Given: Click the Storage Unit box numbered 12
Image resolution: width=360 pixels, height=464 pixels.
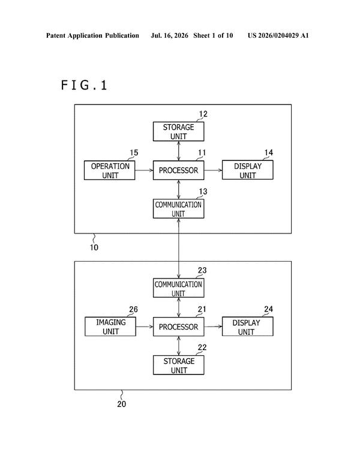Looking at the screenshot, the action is [x=178, y=131].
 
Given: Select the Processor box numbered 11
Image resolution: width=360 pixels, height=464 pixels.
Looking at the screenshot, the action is [x=178, y=170].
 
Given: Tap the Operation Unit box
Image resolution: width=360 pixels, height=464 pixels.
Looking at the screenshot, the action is [x=109, y=170].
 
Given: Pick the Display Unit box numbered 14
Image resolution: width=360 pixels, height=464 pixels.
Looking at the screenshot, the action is [x=248, y=170].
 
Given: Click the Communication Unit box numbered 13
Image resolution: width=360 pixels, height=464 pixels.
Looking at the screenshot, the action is [x=178, y=209].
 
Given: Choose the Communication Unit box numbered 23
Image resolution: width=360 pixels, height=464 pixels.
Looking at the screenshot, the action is [x=178, y=288].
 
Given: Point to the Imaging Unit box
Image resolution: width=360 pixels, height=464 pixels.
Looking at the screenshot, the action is [x=110, y=327].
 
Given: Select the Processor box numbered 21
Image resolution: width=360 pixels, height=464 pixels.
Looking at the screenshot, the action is [x=178, y=327].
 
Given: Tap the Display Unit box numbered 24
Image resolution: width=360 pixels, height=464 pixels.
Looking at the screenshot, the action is [x=248, y=327].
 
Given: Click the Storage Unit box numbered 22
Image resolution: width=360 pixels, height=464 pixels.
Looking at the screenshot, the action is [x=178, y=365].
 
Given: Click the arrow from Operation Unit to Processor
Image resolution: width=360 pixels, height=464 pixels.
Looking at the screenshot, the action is [x=144, y=170].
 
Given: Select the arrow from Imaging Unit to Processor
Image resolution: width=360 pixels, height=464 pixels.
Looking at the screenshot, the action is [x=145, y=327].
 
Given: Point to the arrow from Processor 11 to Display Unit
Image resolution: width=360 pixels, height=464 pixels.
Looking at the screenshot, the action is [x=213, y=170].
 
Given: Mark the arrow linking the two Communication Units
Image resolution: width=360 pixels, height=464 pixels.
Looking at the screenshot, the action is [x=178, y=249].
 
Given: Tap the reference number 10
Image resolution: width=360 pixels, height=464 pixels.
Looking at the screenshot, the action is [x=94, y=247].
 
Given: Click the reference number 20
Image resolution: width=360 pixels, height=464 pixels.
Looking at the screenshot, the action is [x=121, y=404].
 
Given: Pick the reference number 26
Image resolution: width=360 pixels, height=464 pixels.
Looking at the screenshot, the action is [x=133, y=309].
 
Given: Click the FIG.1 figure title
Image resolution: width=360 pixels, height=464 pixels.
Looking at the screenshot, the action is [x=84, y=85].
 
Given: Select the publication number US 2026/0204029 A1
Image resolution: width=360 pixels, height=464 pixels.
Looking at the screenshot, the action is [x=278, y=35].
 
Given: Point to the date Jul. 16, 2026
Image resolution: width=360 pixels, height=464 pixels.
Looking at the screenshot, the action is [x=169, y=35].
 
